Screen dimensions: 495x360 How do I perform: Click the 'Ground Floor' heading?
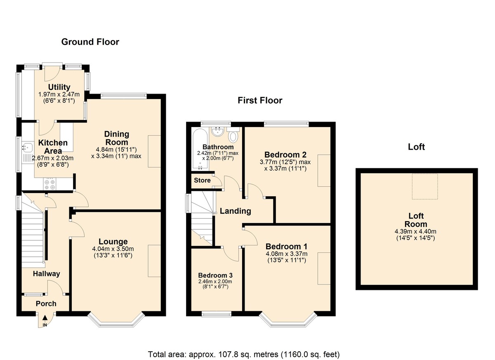(90, 42)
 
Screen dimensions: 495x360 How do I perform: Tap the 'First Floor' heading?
(260, 101)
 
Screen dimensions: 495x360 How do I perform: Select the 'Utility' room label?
(59, 87)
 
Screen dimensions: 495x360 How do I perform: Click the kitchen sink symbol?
(27, 147)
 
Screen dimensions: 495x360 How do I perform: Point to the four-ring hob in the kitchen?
(50, 184)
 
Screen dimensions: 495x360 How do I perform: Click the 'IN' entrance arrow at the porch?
(45, 319)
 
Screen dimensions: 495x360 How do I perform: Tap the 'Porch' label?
(46, 304)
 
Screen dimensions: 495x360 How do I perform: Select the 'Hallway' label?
(46, 274)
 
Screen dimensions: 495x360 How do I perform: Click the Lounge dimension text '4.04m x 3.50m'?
(113, 249)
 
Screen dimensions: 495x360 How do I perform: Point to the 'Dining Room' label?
(116, 138)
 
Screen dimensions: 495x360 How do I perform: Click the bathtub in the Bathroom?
(200, 149)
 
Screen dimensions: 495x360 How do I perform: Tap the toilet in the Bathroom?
(233, 135)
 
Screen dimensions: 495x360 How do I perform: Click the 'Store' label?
(202, 180)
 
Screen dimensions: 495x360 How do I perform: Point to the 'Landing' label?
(236, 211)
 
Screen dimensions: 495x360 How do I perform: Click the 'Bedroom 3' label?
(215, 275)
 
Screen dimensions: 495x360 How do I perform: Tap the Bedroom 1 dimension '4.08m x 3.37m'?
(287, 254)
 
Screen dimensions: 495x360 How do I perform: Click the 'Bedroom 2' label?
(285, 154)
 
